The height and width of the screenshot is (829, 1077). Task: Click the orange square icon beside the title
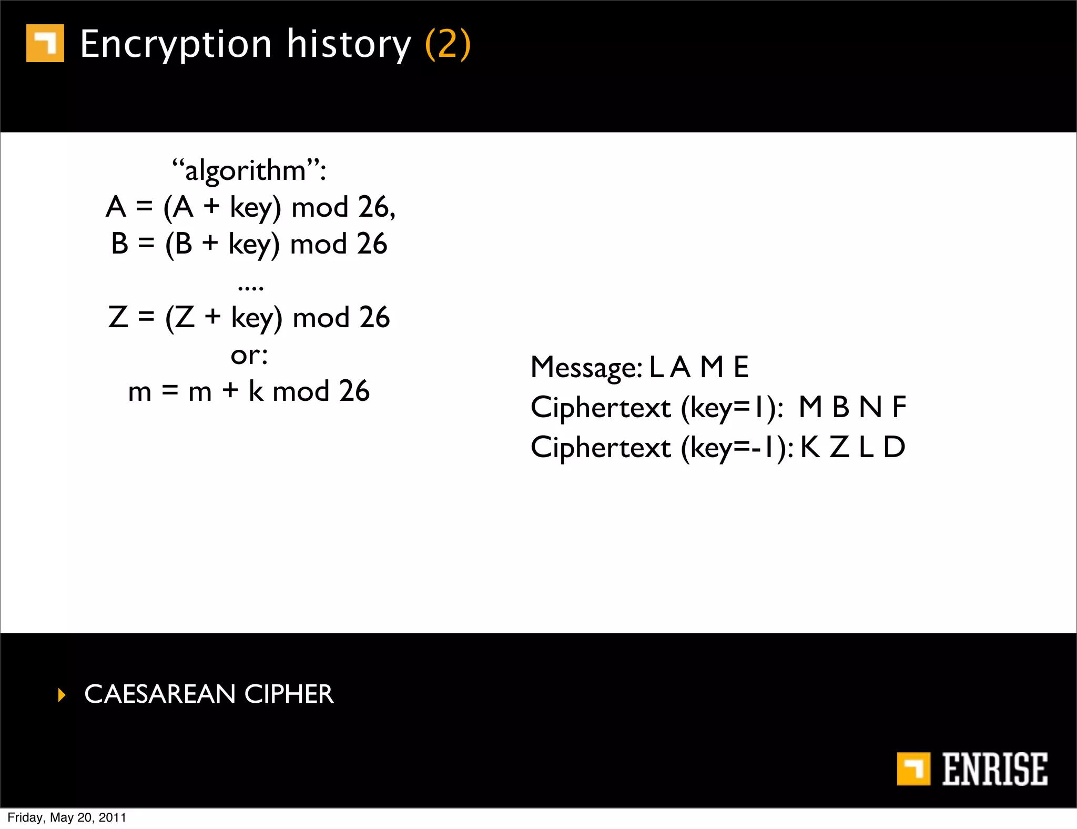click(45, 43)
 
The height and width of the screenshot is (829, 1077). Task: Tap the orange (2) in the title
click(448, 44)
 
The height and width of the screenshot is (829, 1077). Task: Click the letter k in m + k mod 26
click(256, 391)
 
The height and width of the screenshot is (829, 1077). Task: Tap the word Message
click(585, 367)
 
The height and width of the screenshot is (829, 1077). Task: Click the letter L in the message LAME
click(656, 367)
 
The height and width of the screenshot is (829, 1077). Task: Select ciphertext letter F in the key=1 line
click(899, 407)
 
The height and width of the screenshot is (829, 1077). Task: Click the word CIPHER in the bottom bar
click(289, 694)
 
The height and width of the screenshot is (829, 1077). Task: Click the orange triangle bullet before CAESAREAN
click(62, 695)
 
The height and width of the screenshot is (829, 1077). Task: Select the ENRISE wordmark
click(994, 769)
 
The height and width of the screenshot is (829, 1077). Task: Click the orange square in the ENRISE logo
click(913, 769)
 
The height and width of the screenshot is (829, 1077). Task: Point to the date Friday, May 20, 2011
click(67, 817)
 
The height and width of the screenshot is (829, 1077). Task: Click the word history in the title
click(349, 44)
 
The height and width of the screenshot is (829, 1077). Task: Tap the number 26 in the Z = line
click(374, 318)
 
